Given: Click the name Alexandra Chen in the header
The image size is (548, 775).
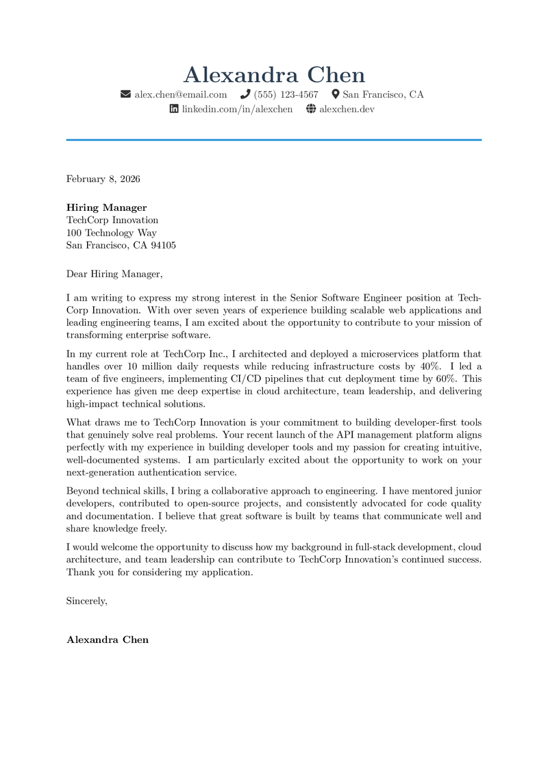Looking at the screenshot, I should click(274, 75).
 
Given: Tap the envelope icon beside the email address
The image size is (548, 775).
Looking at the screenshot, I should click(125, 94).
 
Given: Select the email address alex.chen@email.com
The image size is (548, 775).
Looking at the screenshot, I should click(180, 94).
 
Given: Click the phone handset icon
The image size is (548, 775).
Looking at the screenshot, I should click(245, 94).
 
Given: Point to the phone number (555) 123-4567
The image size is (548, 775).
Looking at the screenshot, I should click(286, 94).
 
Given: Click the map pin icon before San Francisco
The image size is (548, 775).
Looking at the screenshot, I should click(336, 94).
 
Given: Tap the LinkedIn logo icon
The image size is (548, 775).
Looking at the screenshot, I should click(174, 109).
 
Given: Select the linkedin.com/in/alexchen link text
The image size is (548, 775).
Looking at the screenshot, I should click(237, 109).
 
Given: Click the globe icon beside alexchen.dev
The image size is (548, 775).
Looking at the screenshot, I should click(311, 109).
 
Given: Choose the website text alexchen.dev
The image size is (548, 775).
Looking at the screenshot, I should click(347, 109).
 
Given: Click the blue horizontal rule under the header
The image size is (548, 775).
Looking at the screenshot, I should click(274, 140).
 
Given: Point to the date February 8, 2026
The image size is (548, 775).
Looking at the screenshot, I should click(103, 179).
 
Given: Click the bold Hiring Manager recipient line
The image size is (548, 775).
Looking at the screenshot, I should click(106, 207).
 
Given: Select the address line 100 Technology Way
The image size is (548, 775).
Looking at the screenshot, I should click(112, 233).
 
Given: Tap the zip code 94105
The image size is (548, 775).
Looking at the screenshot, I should click(163, 245).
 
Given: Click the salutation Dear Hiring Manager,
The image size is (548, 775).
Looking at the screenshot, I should click(114, 274).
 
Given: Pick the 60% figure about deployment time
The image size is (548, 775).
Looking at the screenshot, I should click(447, 379).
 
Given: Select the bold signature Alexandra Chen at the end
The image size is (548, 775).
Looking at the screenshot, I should click(108, 639).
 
